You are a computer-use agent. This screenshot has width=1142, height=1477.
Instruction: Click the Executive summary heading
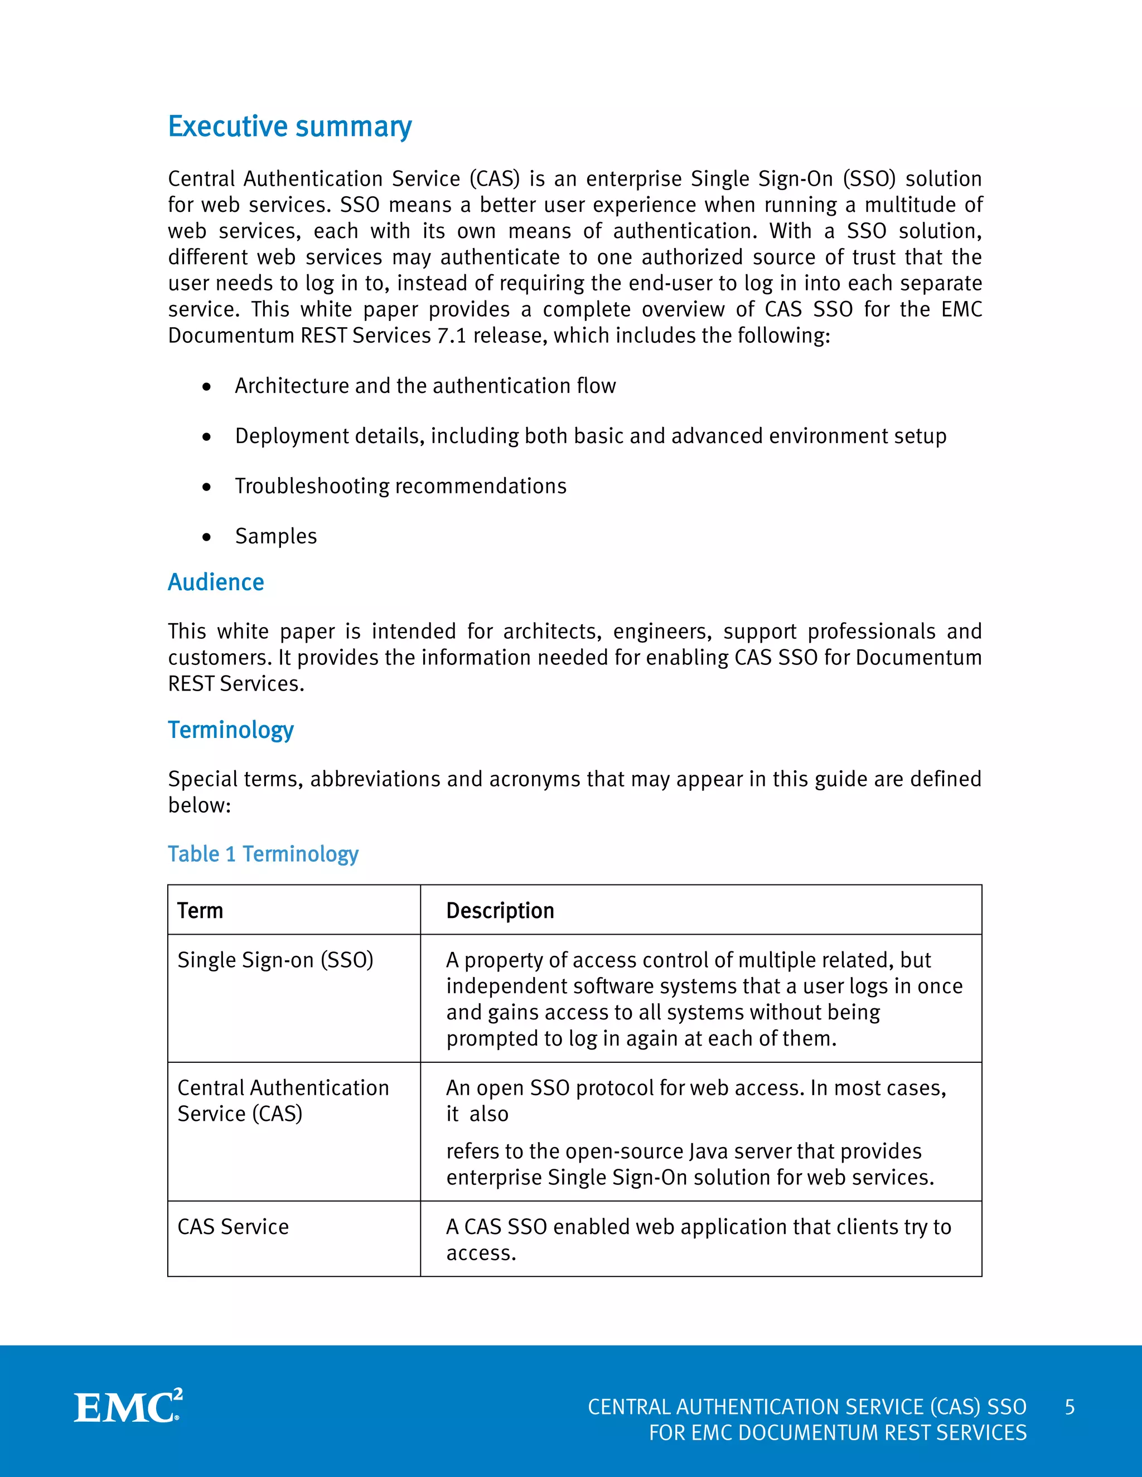289,127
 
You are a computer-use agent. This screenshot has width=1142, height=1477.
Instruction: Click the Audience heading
216,582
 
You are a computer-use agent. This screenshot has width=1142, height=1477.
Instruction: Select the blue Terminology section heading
231,730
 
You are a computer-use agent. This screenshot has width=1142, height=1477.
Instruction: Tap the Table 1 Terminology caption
263,854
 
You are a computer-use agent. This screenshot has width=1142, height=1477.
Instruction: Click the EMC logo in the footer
128,1407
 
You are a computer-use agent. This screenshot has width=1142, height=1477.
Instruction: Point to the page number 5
1069,1407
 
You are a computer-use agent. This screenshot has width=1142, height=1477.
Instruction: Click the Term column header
200,911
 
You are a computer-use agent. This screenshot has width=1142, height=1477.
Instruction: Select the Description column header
500,911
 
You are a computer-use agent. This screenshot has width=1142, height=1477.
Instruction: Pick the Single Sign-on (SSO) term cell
275,960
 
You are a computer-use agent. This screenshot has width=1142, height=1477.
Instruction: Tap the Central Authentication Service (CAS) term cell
283,1100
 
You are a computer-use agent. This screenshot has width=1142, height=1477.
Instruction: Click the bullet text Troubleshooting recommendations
400,486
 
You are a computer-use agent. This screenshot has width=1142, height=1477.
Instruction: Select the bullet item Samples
276,536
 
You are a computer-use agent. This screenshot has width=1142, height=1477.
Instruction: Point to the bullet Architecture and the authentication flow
425,386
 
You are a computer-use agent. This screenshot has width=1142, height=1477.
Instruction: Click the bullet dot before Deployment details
206,438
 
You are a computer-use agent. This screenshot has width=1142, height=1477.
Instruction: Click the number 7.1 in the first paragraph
451,336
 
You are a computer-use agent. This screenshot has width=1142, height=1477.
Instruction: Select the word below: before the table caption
200,805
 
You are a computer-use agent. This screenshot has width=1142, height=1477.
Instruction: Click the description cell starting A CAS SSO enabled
698,1239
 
